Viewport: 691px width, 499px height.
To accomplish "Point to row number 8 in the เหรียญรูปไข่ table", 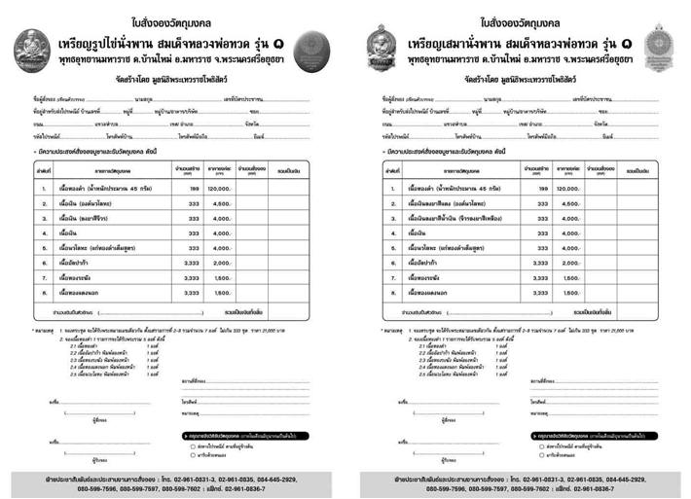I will coord(44,293).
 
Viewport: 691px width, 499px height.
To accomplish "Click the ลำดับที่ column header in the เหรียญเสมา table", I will coord(391,170).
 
